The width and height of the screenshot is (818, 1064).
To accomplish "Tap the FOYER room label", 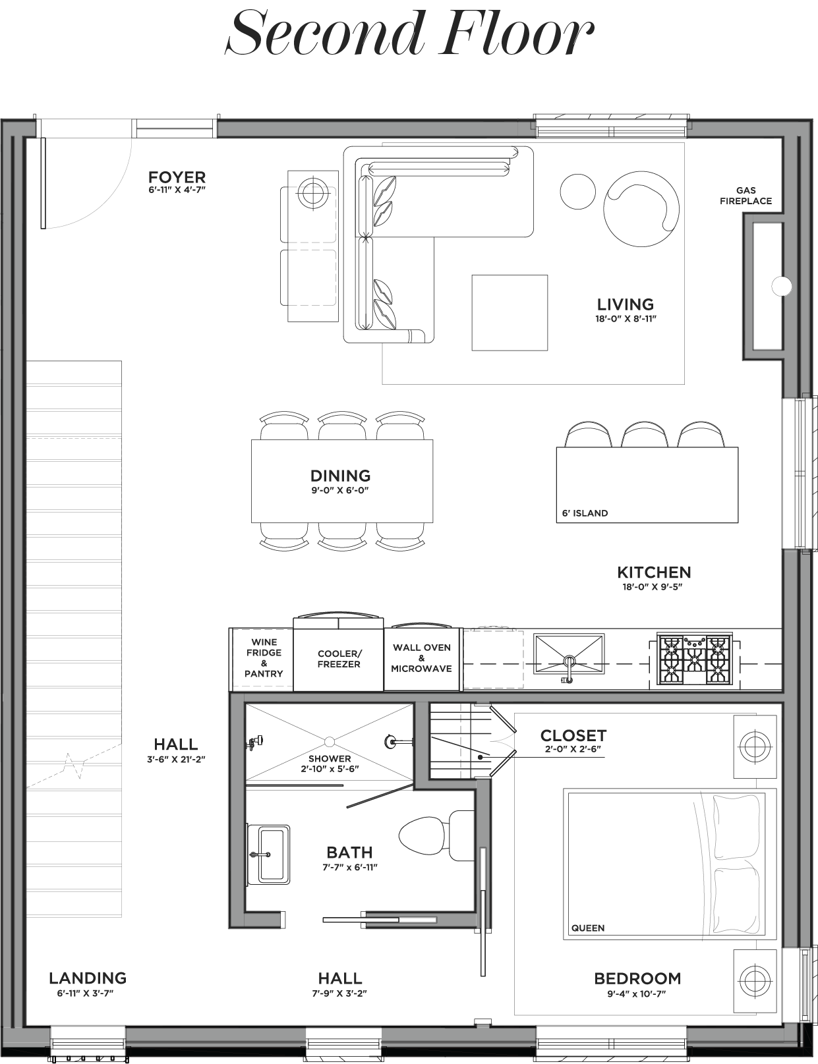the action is (177, 177).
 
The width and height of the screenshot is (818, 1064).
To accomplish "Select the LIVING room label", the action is (625, 304).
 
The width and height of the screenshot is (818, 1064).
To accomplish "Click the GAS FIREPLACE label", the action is (745, 196).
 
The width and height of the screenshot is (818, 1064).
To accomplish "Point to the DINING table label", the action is (340, 476).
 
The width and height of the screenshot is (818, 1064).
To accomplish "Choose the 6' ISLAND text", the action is (585, 513).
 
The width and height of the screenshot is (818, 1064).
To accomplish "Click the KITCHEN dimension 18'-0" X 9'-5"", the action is (653, 586).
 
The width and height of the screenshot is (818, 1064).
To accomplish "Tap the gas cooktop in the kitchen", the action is (694, 659).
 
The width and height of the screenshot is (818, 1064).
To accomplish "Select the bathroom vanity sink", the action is (268, 855).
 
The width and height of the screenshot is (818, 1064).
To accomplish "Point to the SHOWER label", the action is (330, 758).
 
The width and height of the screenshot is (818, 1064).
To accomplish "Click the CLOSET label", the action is (573, 735).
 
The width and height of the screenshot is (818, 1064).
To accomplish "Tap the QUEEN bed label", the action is (588, 928).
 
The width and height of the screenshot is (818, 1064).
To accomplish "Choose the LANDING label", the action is (88, 978).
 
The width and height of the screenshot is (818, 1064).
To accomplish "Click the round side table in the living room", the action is (577, 192).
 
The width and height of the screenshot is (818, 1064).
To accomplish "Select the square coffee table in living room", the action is (510, 312).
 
